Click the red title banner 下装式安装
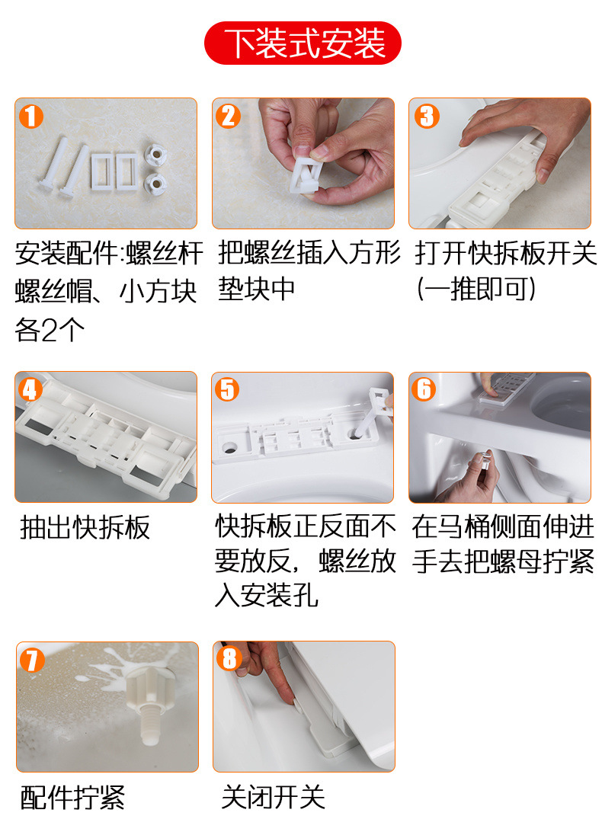302,43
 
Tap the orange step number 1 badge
31,116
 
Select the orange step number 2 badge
228,116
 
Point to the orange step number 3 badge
427,116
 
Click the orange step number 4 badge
30,389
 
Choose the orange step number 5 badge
227,389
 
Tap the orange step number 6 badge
424,389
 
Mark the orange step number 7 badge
32,660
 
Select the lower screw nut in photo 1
155,184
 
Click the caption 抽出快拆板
85,528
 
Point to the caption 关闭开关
273,797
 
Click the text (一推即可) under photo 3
476,290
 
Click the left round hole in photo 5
230,446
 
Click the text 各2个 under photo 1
50,330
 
